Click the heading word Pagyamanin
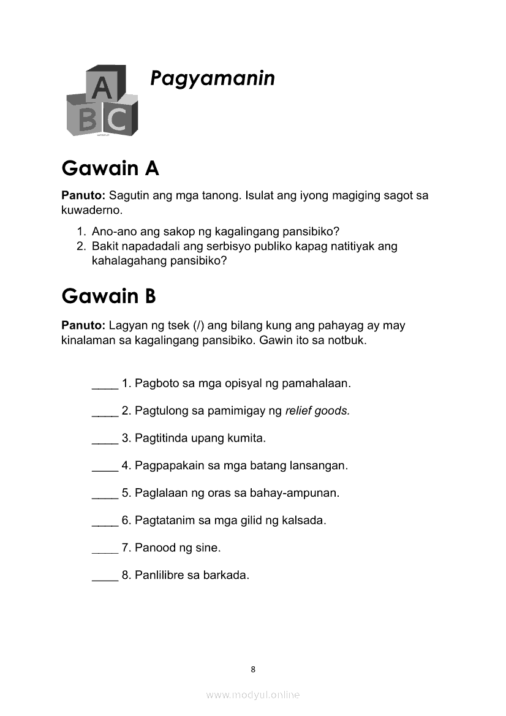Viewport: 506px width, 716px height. [x=213, y=79]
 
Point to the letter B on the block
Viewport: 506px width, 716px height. [x=88, y=119]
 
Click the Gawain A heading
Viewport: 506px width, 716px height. [x=110, y=168]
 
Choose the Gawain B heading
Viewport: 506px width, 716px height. [x=109, y=296]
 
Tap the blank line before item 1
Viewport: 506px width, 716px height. [x=105, y=386]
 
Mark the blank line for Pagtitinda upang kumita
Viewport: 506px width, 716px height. [x=105, y=441]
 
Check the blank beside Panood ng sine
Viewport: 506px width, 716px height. [x=105, y=550]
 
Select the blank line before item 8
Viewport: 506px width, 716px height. [x=105, y=578]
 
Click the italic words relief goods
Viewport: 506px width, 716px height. [x=317, y=411]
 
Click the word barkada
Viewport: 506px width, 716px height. [x=228, y=576]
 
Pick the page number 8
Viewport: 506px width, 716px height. [x=253, y=669]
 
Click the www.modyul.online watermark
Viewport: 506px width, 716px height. [x=253, y=695]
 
